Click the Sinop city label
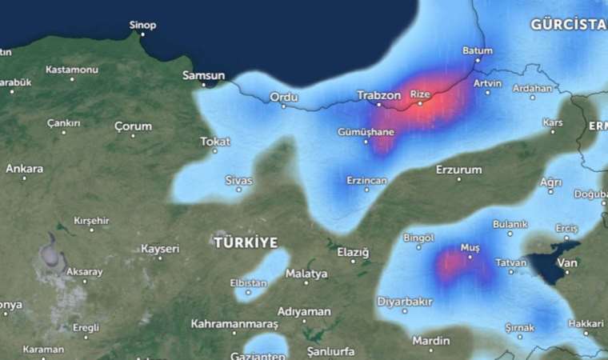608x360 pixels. (x=144, y=25)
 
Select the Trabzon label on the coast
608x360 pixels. (x=378, y=95)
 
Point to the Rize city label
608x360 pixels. (x=420, y=94)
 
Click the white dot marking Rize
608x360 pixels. (x=420, y=103)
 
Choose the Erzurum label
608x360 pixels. (x=458, y=170)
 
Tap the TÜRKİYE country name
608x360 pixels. (x=246, y=242)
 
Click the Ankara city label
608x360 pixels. (x=24, y=169)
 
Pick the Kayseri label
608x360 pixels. (x=160, y=249)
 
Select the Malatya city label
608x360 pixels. (x=306, y=274)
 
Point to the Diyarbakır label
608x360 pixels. (x=405, y=302)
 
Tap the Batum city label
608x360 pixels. (x=478, y=50)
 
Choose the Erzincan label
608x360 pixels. (x=366, y=181)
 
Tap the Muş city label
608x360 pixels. (x=469, y=248)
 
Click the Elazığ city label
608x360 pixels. (x=353, y=252)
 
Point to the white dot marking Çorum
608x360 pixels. (x=133, y=136)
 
